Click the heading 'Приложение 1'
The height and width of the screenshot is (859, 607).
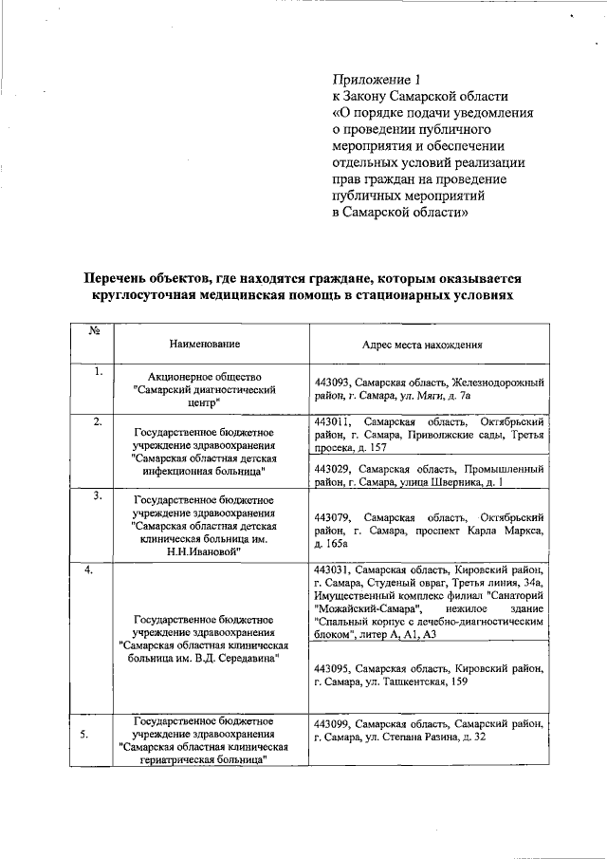(x=375, y=78)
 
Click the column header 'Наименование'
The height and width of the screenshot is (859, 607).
(x=205, y=344)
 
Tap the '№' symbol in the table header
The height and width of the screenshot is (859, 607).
(x=95, y=331)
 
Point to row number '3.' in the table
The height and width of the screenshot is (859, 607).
(x=98, y=495)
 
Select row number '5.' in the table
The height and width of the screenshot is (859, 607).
(x=86, y=734)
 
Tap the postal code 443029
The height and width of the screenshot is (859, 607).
(x=330, y=469)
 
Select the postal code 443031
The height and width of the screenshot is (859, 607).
(x=330, y=570)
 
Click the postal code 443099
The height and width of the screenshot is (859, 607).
(x=330, y=723)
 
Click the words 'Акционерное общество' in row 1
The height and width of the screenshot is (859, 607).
(x=205, y=377)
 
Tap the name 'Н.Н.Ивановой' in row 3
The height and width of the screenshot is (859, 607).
(x=204, y=551)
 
